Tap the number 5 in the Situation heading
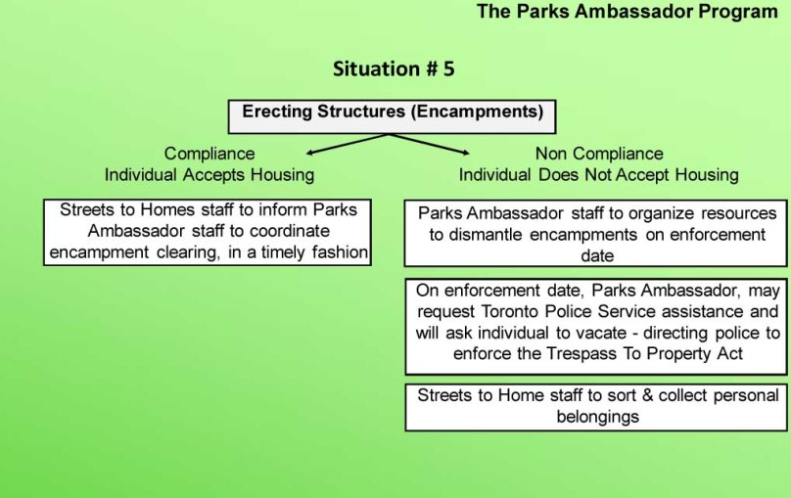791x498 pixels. pyautogui.click(x=447, y=68)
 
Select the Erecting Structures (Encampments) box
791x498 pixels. pyautogui.click(x=392, y=115)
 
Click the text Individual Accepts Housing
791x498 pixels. pyautogui.click(x=210, y=175)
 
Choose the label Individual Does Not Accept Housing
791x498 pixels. pyautogui.click(x=598, y=175)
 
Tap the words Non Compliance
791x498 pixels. pyautogui.click(x=598, y=154)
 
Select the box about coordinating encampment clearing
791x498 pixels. pyautogui.click(x=208, y=232)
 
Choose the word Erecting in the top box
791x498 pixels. pyautogui.click(x=275, y=112)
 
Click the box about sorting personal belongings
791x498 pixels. pyautogui.click(x=598, y=406)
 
